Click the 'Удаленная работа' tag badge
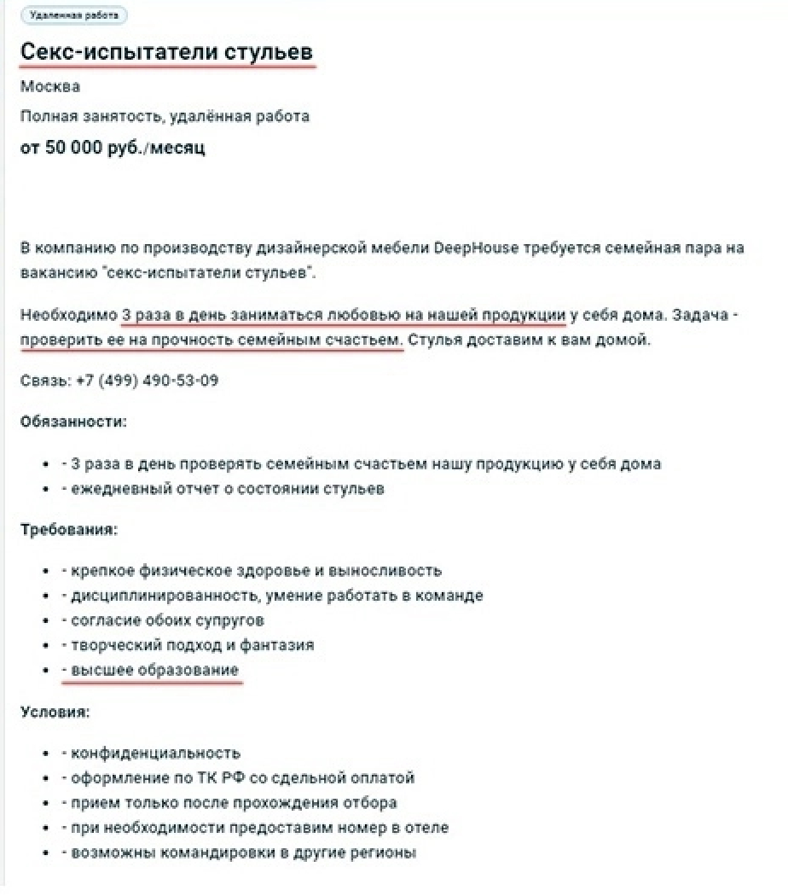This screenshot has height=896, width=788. click(x=73, y=15)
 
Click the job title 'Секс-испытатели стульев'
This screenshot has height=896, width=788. click(x=166, y=51)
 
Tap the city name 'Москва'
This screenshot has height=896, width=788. click(x=50, y=86)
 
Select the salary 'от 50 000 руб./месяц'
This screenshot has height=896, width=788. click(x=113, y=148)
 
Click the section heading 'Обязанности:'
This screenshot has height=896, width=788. click(x=73, y=422)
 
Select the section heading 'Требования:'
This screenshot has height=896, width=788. click(x=69, y=529)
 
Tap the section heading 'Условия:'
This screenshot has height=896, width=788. click(x=55, y=711)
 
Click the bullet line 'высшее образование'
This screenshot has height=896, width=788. click(x=154, y=670)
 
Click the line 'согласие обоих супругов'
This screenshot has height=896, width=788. click(x=166, y=620)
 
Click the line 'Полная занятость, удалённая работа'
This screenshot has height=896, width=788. click(x=165, y=116)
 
